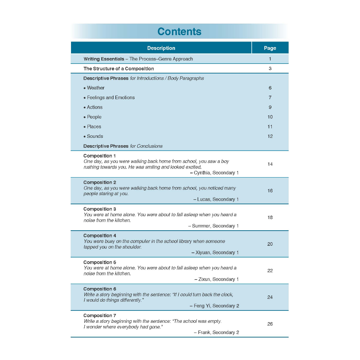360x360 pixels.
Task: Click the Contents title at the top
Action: pos(179,32)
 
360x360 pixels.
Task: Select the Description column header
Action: pos(161,48)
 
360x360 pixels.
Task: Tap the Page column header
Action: pos(270,48)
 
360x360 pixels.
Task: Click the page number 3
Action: pos(270,69)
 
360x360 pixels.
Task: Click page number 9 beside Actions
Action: pos(270,107)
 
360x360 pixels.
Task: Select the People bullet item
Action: pos(94,117)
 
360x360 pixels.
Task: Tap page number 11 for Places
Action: pos(270,127)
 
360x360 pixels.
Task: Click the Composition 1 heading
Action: pos(99,156)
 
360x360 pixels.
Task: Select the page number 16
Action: pos(270,191)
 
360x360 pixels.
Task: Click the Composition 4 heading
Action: pos(99,236)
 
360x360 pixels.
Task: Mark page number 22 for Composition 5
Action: pos(270,270)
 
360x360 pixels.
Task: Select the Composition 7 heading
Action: pos(99,315)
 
